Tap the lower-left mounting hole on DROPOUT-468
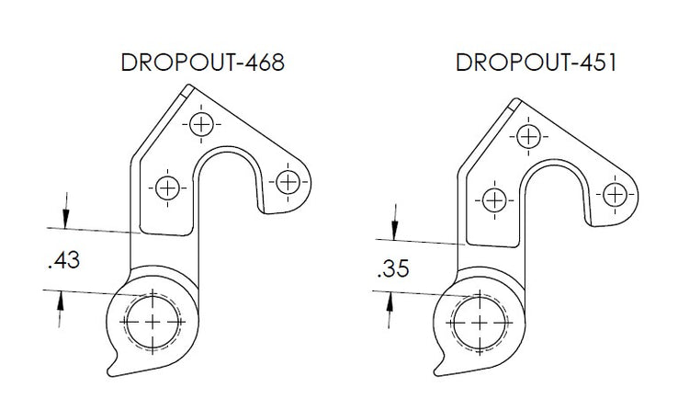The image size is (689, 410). pos(166,188)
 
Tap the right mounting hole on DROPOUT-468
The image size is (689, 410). pos(288,180)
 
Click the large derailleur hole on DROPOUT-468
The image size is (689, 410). pos(151,322)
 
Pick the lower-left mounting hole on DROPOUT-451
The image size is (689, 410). pos(494,199)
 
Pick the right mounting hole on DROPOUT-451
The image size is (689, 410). pos(615,194)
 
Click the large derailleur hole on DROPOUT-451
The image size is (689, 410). pos(479,322)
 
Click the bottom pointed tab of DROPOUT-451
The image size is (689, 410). pos(442,368)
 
